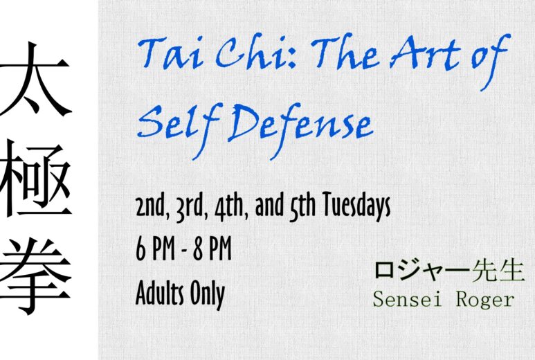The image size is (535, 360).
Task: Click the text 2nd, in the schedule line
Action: coord(152,206)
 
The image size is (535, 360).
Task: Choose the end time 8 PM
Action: coord(212,249)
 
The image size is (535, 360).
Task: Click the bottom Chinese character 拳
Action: coord(35,276)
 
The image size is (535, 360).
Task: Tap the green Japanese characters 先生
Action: coord(498,271)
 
